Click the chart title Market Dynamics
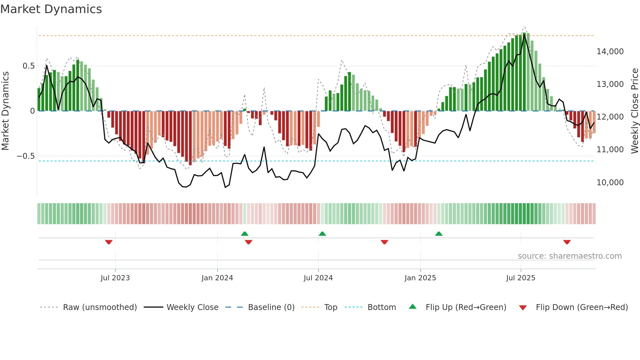51,9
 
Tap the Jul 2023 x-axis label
115,278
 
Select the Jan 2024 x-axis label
217,278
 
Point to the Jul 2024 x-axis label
318,278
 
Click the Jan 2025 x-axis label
420,278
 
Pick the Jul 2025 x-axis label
520,278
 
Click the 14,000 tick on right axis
610,52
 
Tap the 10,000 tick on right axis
610,183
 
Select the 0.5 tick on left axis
28,66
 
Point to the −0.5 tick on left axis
26,156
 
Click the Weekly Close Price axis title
634,111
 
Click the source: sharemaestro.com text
569,256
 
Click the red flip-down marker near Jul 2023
109,242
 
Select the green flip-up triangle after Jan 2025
439,234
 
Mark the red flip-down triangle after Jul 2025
567,242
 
